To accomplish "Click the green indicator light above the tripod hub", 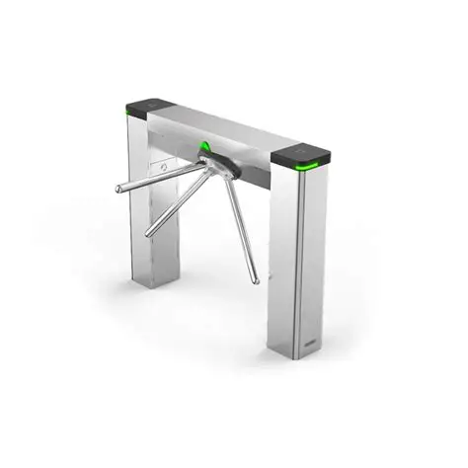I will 204,149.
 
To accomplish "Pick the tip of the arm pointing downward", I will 256,280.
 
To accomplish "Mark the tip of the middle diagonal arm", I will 149,235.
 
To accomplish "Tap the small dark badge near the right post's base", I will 318,342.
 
